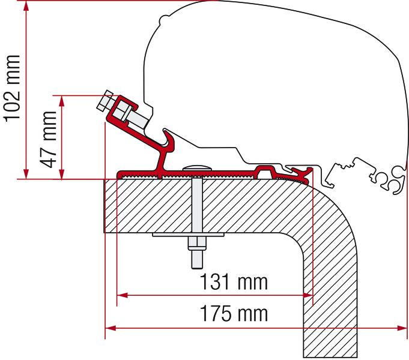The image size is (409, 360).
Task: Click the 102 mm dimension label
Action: pos(12,89)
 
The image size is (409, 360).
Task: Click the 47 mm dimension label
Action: pos(48,140)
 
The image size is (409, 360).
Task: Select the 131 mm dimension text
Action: pos(234,282)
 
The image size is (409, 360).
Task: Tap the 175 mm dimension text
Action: pos(234,313)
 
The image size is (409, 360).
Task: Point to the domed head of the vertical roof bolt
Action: pos(197,167)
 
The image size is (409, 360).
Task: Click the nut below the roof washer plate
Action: pos(197,243)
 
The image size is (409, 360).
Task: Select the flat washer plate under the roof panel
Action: pos(188,235)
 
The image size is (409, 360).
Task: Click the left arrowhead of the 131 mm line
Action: pos(122,295)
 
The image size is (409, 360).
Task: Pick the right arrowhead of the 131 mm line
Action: pos(307,295)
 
